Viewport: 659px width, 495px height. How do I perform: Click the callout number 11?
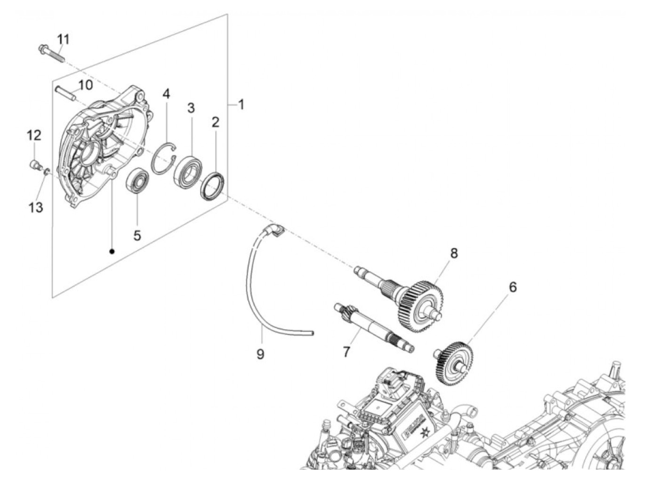[64, 39]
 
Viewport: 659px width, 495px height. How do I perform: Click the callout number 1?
[241, 104]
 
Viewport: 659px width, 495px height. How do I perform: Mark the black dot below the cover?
[112, 251]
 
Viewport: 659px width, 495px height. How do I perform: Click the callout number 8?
[453, 253]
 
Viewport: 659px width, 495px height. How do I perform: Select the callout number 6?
[513, 287]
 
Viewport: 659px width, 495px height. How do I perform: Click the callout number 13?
[36, 207]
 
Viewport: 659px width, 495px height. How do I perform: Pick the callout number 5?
[137, 235]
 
